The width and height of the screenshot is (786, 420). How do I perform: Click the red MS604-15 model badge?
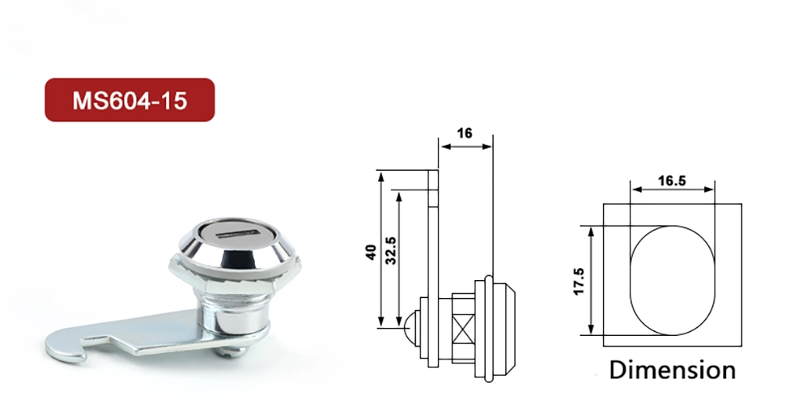(x=130, y=100)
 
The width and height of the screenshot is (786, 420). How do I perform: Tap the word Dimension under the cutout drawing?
(x=672, y=370)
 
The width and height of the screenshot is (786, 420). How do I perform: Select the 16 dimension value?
(x=465, y=133)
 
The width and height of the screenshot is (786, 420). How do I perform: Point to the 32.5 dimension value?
(x=390, y=251)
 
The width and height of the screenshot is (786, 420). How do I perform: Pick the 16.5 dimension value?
(x=672, y=180)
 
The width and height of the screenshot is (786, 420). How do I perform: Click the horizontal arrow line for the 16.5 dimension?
(x=672, y=190)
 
